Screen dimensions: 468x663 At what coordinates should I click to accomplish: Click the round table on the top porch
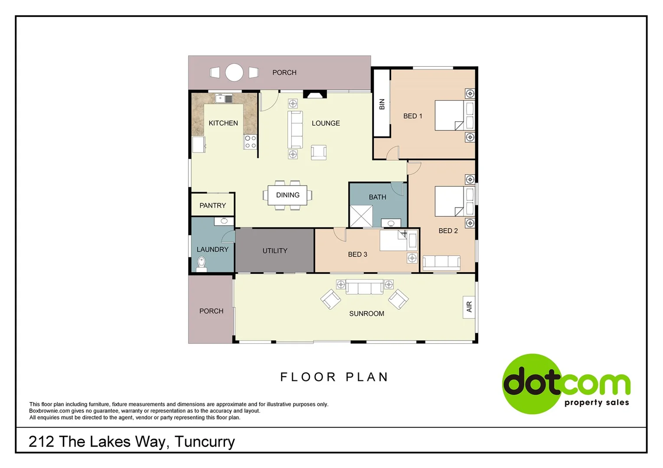[x=234, y=72]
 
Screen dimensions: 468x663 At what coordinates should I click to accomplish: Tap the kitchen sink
[x=224, y=99]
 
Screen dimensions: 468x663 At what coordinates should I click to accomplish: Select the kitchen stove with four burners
[x=250, y=142]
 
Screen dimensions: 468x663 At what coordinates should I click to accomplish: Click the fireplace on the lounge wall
[x=314, y=94]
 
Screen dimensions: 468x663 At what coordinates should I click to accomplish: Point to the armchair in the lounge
[x=319, y=152]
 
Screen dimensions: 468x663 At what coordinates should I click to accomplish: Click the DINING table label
[x=287, y=195]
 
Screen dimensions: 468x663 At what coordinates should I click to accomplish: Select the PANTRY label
[x=212, y=205]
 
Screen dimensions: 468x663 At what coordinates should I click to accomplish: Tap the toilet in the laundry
[x=201, y=263]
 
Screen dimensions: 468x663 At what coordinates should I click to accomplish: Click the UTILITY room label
[x=274, y=250]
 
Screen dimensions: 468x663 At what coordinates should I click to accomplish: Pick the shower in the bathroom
[x=361, y=216]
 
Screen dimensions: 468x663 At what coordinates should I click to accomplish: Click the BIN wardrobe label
[x=382, y=104]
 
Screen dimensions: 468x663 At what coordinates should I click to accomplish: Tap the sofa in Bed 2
[x=441, y=262]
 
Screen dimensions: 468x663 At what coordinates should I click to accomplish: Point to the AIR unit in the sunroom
[x=469, y=307]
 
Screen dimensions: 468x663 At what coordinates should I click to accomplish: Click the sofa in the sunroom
[x=364, y=287]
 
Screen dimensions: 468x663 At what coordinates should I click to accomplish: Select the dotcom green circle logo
[x=532, y=383]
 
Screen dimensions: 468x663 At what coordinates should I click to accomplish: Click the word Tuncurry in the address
[x=205, y=442]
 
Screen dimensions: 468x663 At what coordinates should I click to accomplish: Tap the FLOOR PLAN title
[x=334, y=377]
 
